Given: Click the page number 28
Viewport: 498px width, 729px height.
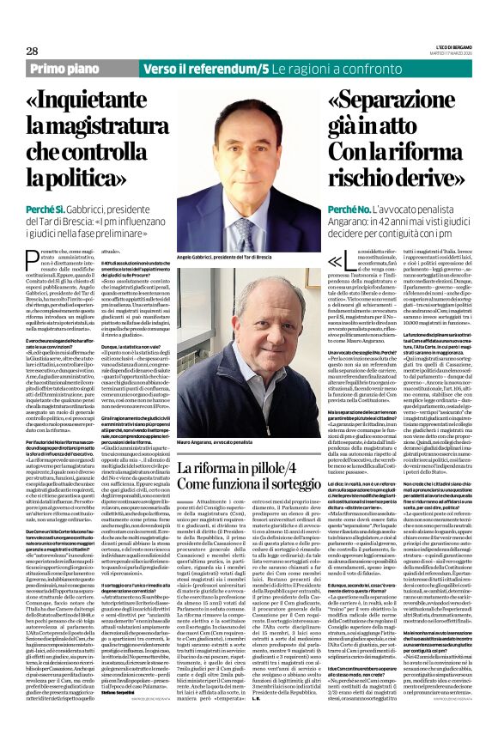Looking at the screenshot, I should pyautogui.click(x=32, y=51).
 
